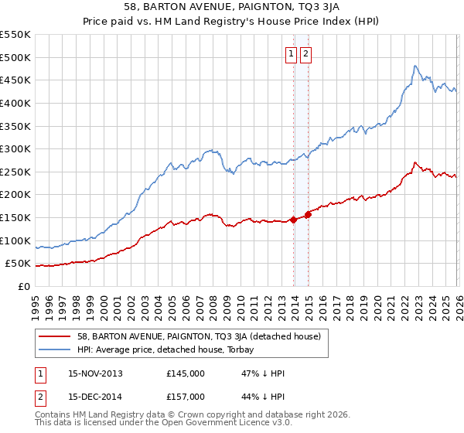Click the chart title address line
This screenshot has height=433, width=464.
pos(231,8)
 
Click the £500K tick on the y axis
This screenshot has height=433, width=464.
pos(15,57)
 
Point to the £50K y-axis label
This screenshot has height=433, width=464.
pos(18,264)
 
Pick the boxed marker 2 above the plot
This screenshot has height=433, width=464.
pos(306,54)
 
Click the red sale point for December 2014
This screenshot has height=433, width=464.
pos(308,214)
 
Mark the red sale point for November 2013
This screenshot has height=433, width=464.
pos(293,220)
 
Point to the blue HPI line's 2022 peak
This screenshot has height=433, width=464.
pos(415,66)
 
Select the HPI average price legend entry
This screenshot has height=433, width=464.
pos(181,349)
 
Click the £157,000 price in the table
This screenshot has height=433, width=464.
pos(185,397)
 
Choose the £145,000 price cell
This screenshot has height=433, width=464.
pos(185,373)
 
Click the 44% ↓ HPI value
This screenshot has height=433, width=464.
pos(263,397)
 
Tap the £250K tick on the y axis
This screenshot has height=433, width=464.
pos(15,172)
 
